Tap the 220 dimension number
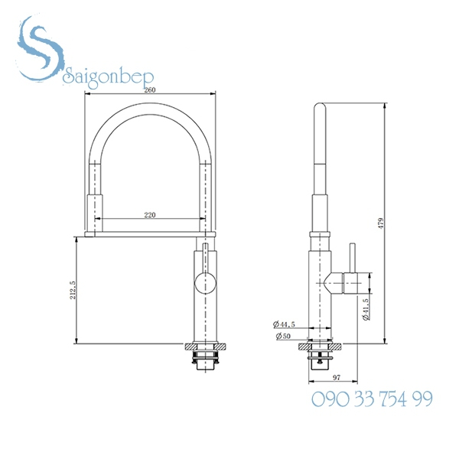pos(149,215)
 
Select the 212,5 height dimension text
pos(73,289)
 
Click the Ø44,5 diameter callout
pos(284,324)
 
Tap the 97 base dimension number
pos(335,376)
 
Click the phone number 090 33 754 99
pos(372,399)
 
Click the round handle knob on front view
pos(204,282)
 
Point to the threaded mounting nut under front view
pos(204,356)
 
